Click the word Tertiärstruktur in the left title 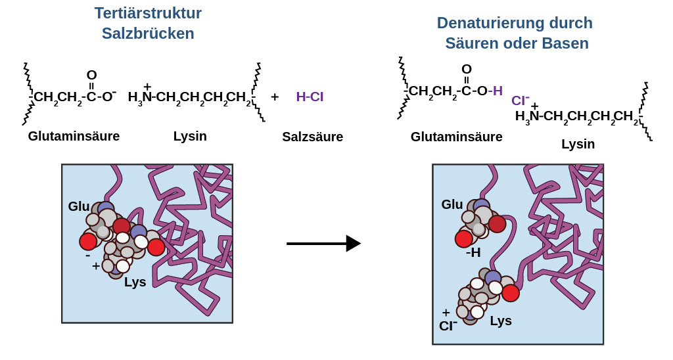point(148,13)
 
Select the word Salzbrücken point(148,34)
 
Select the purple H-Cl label point(310,97)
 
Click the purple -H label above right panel point(496,91)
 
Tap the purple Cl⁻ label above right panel point(520,101)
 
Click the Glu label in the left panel point(79,206)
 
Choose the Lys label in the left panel point(135,282)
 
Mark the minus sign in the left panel point(88,255)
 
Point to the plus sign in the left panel point(96,266)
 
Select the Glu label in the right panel point(452,204)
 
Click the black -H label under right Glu point(473,252)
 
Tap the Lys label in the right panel point(501,321)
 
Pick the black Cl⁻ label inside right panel point(448,325)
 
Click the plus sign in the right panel point(446,312)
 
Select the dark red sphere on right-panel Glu point(497,224)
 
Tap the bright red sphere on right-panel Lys point(511,293)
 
